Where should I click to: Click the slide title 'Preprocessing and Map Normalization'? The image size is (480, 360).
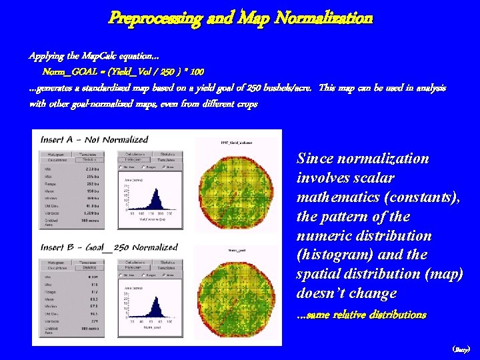[x=241, y=18]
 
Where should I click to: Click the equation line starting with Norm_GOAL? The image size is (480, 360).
[x=123, y=71]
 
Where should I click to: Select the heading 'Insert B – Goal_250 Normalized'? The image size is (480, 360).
[x=109, y=247]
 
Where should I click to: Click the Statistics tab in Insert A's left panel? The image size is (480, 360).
[x=89, y=160]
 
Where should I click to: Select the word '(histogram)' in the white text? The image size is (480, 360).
[x=331, y=255]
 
